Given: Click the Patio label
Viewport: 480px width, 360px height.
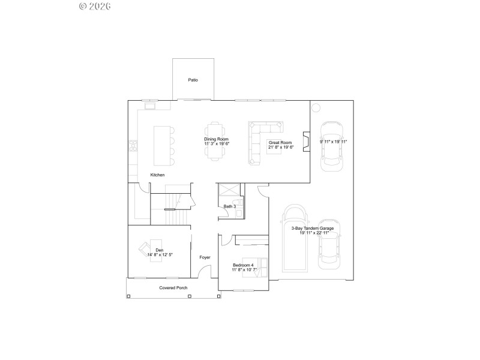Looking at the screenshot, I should tap(193, 80).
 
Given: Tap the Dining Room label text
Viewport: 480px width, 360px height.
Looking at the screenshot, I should tap(217, 142).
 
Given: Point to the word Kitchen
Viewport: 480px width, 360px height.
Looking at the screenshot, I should tap(157, 175).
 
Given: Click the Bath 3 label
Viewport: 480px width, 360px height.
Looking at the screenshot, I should tap(229, 206).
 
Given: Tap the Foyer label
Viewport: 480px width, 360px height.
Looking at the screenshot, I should tap(205, 257).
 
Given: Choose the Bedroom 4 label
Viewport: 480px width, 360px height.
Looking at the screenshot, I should tap(243, 267).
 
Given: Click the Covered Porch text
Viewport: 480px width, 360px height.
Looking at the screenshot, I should tap(173, 288).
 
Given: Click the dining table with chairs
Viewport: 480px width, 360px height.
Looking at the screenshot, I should tap(216, 142).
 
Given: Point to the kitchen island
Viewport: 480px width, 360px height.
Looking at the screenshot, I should tap(161, 145).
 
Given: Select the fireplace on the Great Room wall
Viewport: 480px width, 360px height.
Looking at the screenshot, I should tap(306, 142).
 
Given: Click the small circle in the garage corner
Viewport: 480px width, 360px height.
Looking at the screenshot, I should tap(316, 108).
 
